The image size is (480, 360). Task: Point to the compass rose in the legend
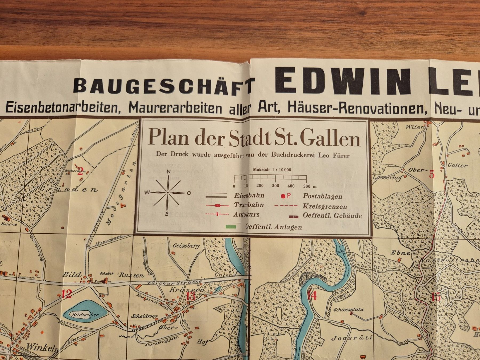click(x=168, y=193)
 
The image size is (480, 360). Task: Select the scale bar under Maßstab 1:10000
click(x=270, y=178)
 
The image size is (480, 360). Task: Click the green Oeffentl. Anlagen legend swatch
click(x=231, y=227)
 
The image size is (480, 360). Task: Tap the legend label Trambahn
click(x=249, y=205)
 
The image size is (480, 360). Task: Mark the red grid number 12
click(x=67, y=294)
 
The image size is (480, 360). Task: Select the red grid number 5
click(x=431, y=174)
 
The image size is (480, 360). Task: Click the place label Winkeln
click(x=42, y=347)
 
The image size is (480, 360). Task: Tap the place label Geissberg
click(x=186, y=246)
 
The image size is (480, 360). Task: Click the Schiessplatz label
click(x=349, y=310)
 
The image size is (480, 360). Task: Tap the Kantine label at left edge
click(x=9, y=224)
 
